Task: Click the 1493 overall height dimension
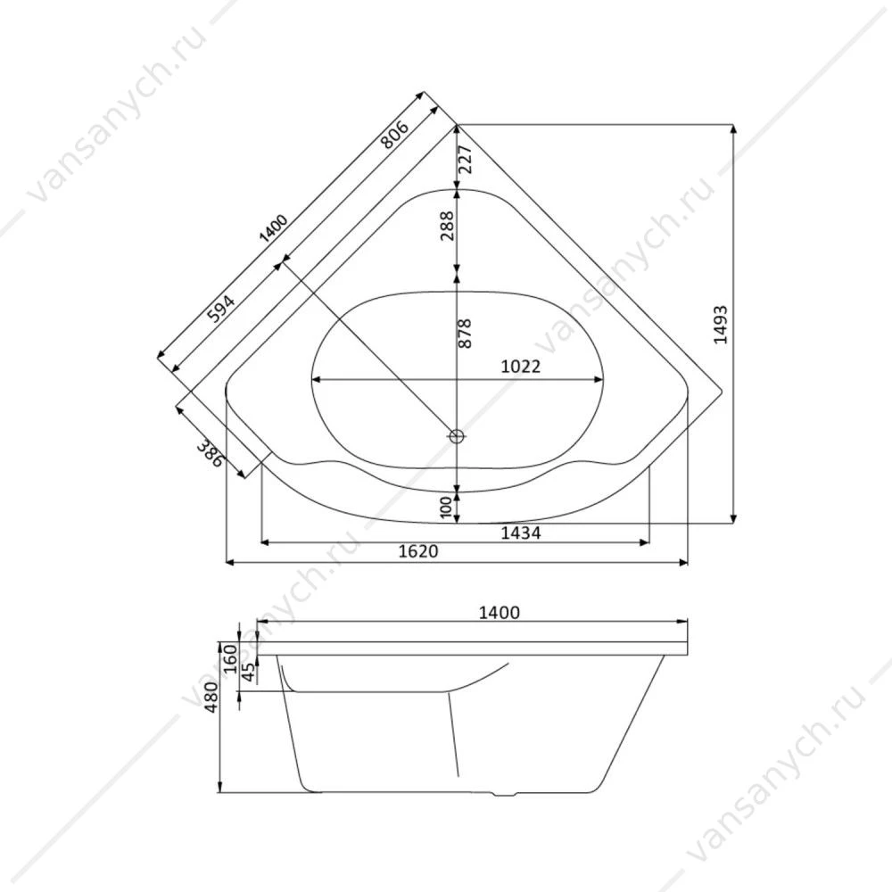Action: [721, 325]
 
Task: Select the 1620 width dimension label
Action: [418, 550]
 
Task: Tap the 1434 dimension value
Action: [521, 533]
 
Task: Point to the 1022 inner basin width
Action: [521, 366]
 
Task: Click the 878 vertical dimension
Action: [465, 334]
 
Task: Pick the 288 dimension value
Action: [448, 226]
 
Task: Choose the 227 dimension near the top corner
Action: [465, 160]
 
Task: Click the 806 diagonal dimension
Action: [394, 135]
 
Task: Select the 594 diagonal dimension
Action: [220, 309]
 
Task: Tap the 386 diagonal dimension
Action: [210, 453]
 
